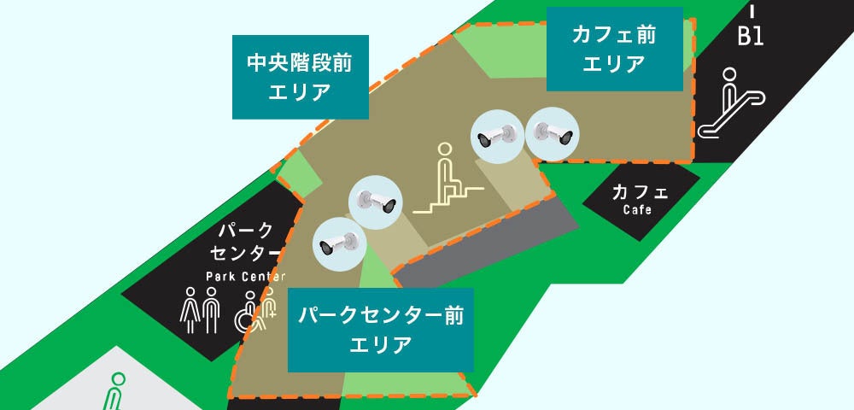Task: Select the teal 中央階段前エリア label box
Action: click(x=300, y=77)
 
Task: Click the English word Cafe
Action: click(x=637, y=210)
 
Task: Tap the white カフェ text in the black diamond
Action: click(x=640, y=193)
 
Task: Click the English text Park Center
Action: click(x=245, y=276)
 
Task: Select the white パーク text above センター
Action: click(x=246, y=231)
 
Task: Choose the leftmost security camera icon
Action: click(x=337, y=243)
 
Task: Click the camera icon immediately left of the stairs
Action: click(x=376, y=202)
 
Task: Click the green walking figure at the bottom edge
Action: click(x=114, y=392)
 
